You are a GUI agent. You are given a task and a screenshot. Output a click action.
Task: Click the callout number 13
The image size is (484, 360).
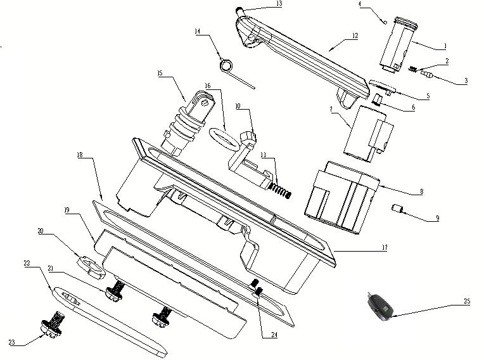click(x=279, y=4)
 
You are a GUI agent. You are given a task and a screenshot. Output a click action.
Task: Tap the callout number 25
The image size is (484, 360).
click(x=467, y=301)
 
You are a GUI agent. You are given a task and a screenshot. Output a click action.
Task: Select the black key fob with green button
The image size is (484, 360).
click(x=380, y=307)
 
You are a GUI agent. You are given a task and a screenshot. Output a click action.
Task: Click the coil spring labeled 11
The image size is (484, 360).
click(x=279, y=191)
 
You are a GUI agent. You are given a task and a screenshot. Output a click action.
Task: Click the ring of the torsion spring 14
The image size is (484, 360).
click(x=226, y=65)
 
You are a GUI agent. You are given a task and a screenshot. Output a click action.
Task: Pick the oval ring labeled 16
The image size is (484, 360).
click(x=224, y=139)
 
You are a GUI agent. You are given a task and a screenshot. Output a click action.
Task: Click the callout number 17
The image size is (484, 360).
click(x=385, y=247)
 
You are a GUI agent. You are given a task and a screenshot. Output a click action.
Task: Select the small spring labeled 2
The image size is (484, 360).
click(x=412, y=69)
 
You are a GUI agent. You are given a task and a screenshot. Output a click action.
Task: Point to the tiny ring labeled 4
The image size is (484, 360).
click(x=385, y=22)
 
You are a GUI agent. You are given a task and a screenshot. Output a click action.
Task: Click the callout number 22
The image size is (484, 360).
click(x=27, y=263)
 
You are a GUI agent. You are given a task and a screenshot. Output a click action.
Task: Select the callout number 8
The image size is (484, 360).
click(x=422, y=192)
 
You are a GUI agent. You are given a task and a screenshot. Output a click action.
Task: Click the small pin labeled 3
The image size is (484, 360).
click(x=428, y=74)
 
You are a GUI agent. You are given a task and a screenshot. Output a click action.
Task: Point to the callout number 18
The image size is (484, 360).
click(x=80, y=155)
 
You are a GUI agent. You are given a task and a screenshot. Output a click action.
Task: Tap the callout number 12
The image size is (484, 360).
click(x=355, y=36)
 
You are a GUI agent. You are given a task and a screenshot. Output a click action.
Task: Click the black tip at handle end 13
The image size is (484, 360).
click(x=239, y=10)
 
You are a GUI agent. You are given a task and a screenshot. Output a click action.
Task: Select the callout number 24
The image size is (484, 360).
click(x=274, y=335)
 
